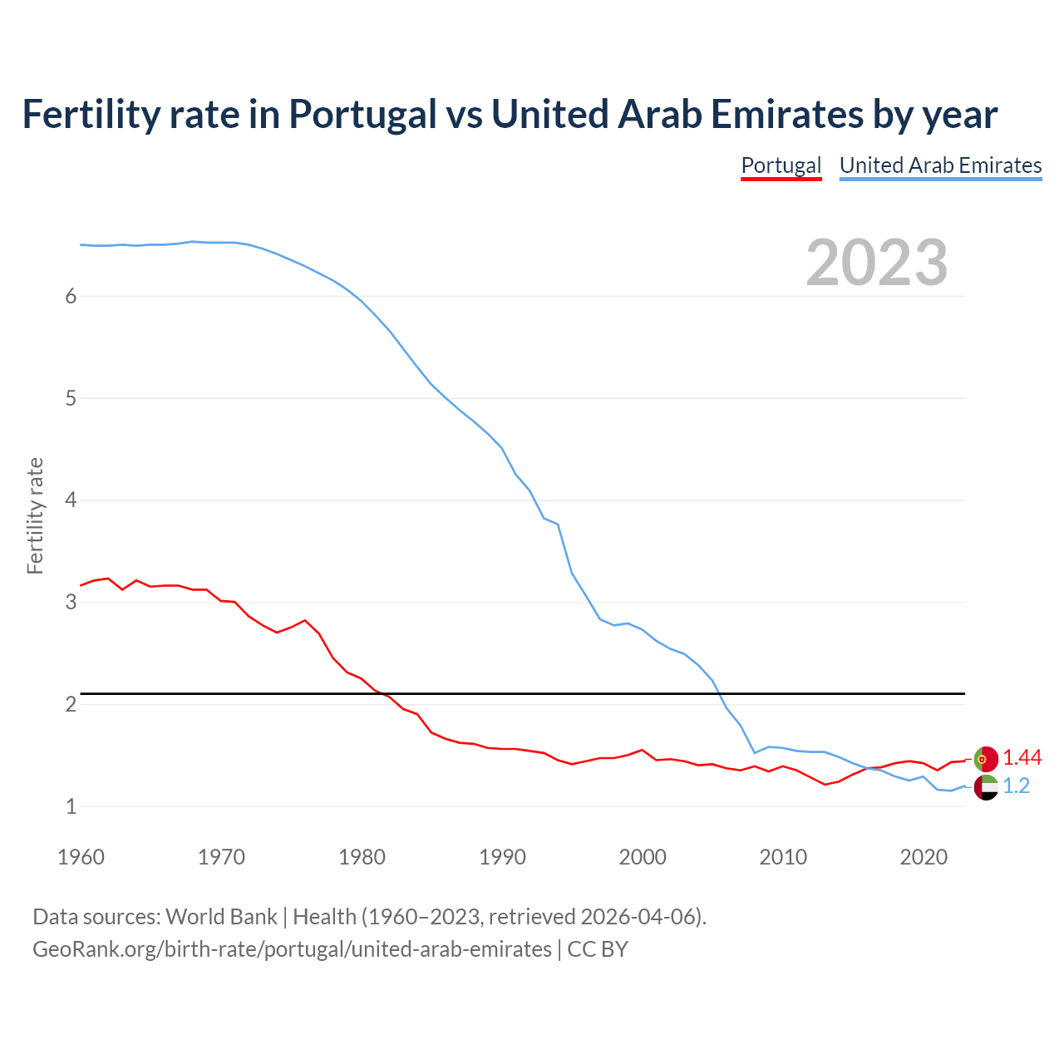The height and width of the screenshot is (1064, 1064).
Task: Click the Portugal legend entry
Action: [x=781, y=165]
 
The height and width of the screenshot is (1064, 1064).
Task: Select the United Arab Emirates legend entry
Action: [x=940, y=165]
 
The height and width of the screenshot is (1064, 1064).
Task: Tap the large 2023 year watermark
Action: [x=876, y=263]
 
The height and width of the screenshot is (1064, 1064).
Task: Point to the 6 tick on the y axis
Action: [x=71, y=296]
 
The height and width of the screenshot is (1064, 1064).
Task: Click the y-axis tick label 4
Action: [x=71, y=500]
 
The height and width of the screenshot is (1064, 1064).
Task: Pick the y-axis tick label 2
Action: [x=71, y=704]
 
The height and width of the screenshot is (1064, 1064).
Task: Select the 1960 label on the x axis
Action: [x=81, y=857]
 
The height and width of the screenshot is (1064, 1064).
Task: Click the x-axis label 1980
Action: [x=362, y=857]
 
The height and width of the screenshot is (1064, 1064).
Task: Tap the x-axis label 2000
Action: [x=643, y=857]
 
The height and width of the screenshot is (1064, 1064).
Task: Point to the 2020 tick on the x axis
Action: [x=924, y=857]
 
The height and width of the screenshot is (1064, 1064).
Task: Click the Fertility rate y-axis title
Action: [x=35, y=515]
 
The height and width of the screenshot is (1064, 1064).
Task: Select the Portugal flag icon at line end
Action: [x=985, y=759]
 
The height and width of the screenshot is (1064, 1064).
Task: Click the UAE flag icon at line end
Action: [x=985, y=787]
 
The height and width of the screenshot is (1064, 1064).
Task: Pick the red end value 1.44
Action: [x=1022, y=757]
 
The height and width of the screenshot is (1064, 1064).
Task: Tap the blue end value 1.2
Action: [x=1016, y=786]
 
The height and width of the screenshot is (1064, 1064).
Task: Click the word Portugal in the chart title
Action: [x=362, y=114]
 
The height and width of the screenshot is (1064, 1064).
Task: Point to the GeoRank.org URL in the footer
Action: [x=292, y=948]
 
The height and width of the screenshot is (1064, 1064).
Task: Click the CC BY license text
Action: [x=598, y=948]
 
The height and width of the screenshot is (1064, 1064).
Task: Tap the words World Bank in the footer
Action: [x=221, y=917]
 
